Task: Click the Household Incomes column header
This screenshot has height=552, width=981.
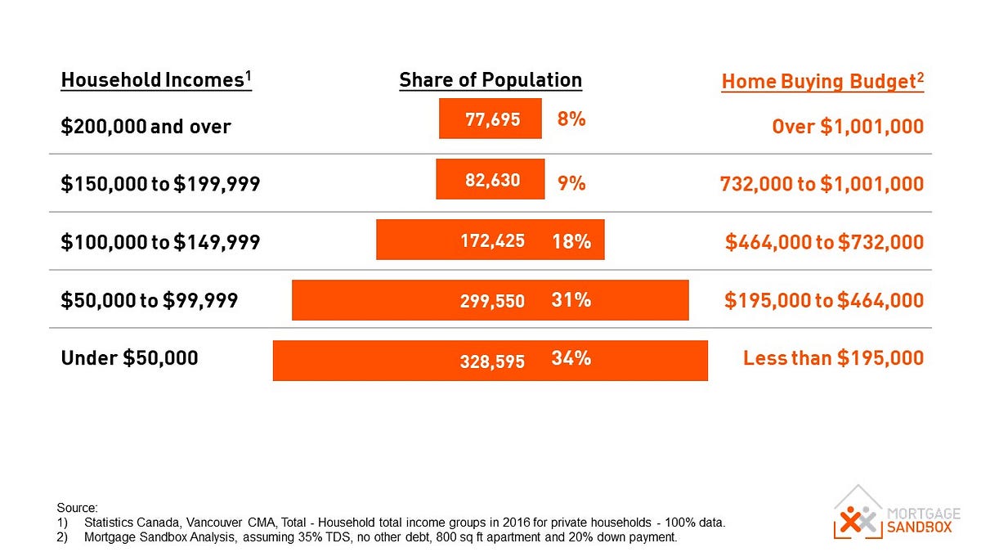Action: pyautogui.click(x=156, y=80)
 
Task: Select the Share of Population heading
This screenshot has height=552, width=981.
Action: pyautogui.click(x=490, y=80)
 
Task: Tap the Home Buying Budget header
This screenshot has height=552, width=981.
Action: pyautogui.click(x=822, y=82)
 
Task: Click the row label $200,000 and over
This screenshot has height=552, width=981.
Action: pyautogui.click(x=146, y=127)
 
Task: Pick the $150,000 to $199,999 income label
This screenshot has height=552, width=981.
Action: pyautogui.click(x=160, y=184)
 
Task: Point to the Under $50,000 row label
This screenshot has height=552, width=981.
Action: pyautogui.click(x=129, y=358)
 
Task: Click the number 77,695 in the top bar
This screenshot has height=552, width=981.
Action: pyautogui.click(x=492, y=119)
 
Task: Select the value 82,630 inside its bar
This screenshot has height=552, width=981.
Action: pyautogui.click(x=492, y=180)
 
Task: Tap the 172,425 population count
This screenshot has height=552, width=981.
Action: pyautogui.click(x=492, y=241)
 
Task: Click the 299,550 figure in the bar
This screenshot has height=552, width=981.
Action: pyautogui.click(x=492, y=301)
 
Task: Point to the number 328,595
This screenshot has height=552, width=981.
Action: pyautogui.click(x=492, y=361)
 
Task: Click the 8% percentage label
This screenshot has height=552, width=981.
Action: pyautogui.click(x=571, y=119)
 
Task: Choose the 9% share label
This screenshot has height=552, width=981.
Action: pyautogui.click(x=571, y=184)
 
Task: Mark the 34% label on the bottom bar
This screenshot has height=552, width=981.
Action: pyautogui.click(x=571, y=358)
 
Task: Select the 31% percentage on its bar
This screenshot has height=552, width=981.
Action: pyautogui.click(x=571, y=300)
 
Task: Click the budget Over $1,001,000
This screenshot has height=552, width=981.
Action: pyautogui.click(x=848, y=127)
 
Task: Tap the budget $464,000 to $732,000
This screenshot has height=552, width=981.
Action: pyautogui.click(x=824, y=242)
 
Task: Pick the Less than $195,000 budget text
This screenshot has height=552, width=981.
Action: pyautogui.click(x=833, y=358)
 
